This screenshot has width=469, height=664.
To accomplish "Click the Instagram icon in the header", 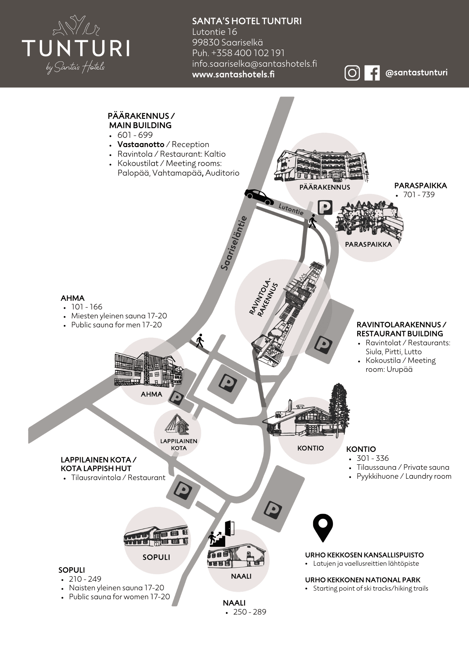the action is click(352, 73).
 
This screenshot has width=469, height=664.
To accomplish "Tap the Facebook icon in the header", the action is click(372, 73).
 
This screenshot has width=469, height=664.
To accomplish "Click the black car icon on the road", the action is click(259, 197).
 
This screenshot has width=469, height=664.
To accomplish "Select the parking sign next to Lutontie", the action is click(325, 208).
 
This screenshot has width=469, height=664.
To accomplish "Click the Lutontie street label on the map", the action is click(291, 209).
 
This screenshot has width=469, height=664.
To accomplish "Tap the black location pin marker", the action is click(323, 528).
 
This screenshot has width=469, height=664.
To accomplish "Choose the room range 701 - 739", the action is click(419, 195).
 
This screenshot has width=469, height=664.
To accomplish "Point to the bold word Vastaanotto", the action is click(141, 144).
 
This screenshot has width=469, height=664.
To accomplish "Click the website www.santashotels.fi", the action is click(233, 74).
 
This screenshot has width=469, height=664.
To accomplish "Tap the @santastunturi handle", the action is click(417, 73).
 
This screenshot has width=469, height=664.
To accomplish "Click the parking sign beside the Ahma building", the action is click(177, 398).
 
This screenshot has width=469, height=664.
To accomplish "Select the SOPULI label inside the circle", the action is click(156, 557).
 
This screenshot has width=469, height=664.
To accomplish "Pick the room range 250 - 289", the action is click(250, 612).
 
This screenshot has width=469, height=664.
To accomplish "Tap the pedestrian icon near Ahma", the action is click(200, 340).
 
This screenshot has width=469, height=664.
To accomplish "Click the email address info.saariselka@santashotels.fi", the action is click(255, 64).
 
